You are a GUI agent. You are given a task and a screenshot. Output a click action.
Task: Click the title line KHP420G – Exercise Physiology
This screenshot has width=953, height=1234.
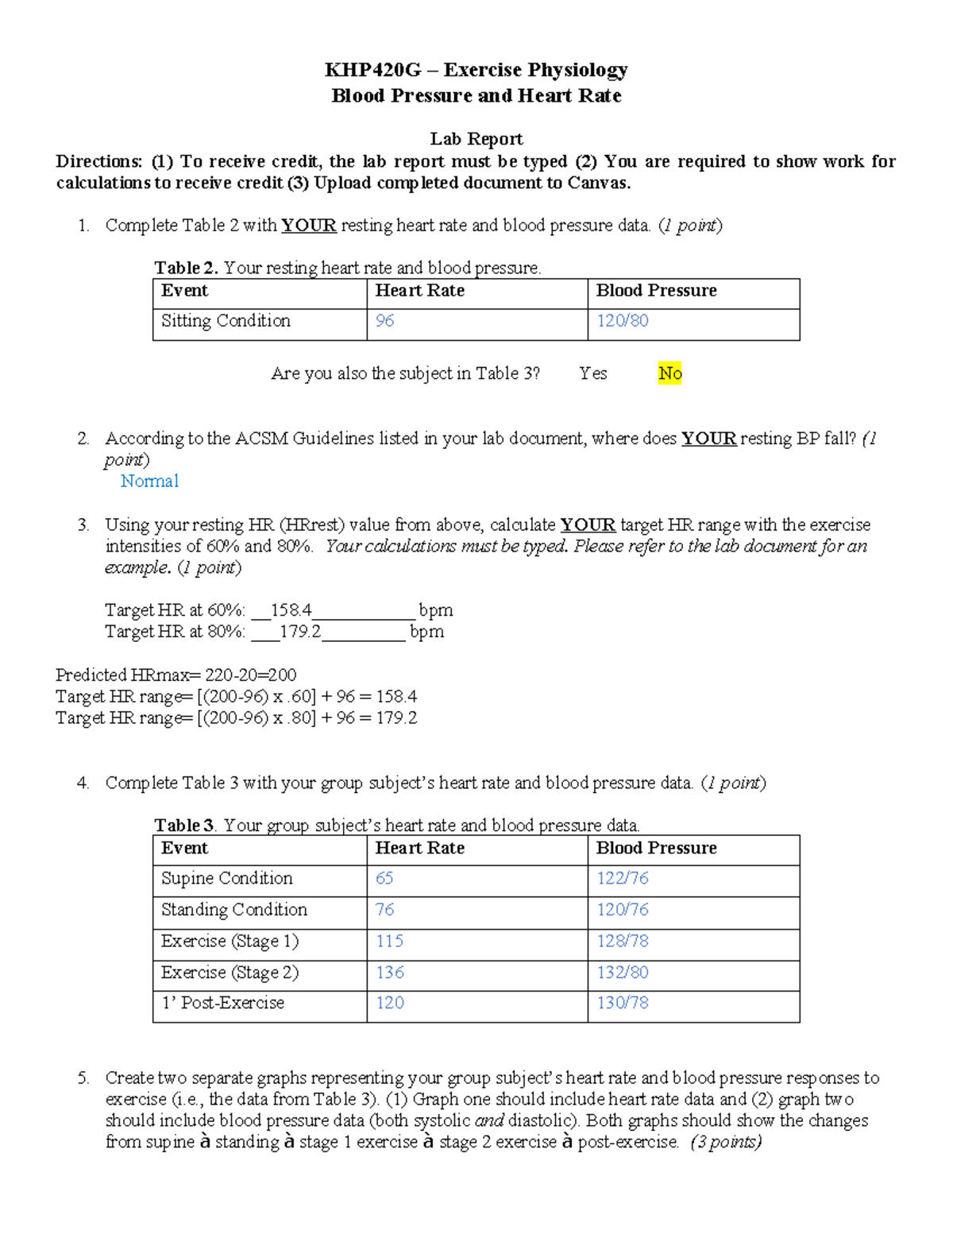point(476,70)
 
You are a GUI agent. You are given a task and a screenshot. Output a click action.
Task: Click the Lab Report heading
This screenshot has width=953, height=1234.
point(476,139)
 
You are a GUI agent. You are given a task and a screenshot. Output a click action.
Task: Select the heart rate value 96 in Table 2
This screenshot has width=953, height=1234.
point(384,321)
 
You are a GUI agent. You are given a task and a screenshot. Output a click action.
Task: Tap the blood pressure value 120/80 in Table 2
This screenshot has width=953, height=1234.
point(622,321)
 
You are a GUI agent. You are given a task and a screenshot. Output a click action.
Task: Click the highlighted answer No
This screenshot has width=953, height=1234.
point(669,373)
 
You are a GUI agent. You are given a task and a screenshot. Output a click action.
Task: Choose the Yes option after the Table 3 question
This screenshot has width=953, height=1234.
point(592,373)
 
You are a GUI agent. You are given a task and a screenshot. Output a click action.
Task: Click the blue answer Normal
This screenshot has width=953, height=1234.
point(149,482)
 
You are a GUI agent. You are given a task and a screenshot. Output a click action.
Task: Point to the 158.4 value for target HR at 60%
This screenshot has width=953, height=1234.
point(291,610)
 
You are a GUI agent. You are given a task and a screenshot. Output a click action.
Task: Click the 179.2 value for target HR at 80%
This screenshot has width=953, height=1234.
point(300,632)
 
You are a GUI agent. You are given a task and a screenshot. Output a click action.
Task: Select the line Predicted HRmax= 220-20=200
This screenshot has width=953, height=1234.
point(176,675)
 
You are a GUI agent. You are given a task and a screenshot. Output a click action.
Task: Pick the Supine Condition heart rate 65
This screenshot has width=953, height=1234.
point(384,879)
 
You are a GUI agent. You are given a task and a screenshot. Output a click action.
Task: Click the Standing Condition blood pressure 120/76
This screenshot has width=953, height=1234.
point(622,910)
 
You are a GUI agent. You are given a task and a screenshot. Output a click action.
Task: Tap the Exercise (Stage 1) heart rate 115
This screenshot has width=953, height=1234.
point(389,942)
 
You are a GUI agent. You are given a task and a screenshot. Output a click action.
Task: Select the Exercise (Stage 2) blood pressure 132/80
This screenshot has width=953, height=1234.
point(622,973)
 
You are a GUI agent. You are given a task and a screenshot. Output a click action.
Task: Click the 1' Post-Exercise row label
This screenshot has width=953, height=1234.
point(222,1004)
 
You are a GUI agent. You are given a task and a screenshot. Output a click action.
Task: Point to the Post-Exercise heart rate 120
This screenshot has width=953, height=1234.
point(389,1004)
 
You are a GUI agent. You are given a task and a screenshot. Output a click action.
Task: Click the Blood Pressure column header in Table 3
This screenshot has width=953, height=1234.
point(656,849)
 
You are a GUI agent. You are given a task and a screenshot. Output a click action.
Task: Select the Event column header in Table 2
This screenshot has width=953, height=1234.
point(184,291)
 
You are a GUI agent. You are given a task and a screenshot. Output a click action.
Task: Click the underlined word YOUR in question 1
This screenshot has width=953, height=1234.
point(309,226)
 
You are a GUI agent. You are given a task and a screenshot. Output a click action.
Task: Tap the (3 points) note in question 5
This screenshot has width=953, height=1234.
point(726,1143)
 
